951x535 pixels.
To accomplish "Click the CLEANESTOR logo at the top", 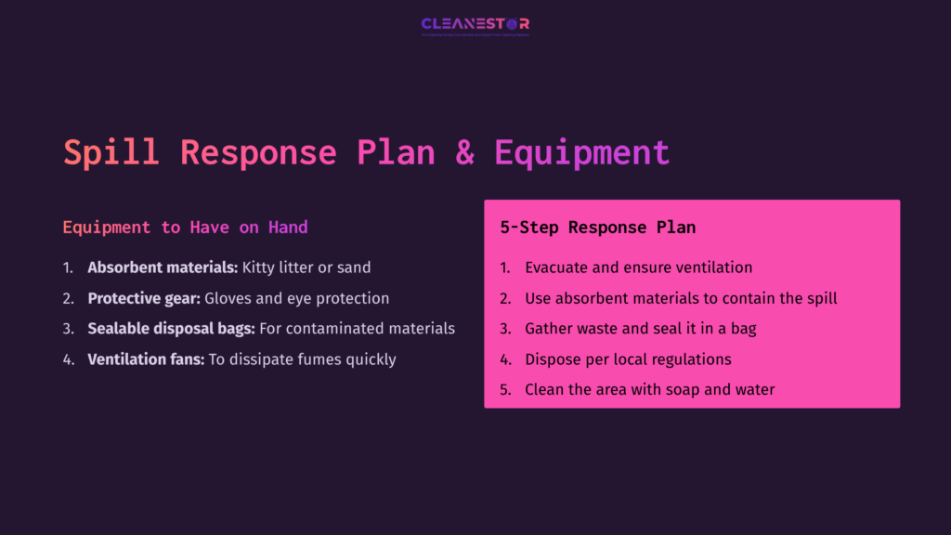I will coord(475,25).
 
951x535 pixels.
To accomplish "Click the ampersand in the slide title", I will coord(464,152).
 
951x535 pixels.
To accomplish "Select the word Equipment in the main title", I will coord(581,152).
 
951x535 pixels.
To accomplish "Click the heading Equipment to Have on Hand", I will coord(185,228).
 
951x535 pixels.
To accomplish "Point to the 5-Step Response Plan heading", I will coord(597,228).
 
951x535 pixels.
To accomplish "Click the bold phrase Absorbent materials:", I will coord(163,267).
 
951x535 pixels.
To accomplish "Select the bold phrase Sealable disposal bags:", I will coord(171,329).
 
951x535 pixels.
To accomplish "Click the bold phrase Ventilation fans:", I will coord(146,359).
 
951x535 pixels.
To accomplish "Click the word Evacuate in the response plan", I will coord(556,267).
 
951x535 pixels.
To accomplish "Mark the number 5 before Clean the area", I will coord(504,390).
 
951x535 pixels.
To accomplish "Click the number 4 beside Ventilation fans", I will coord(68,359).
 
